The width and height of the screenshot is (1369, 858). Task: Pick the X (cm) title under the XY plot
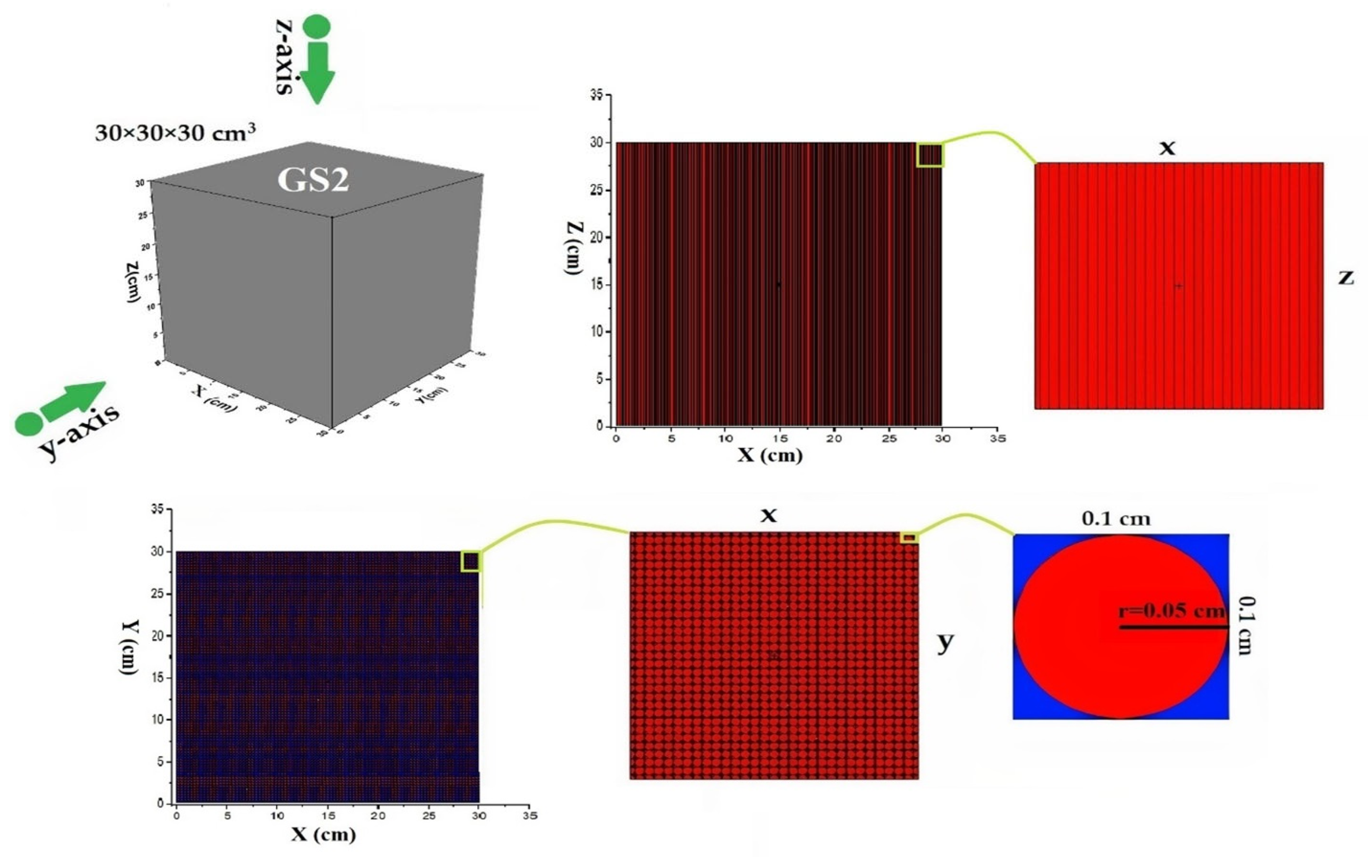[324, 834]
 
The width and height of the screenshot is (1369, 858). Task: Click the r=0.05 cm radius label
[1171, 611]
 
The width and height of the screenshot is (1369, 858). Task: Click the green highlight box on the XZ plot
[930, 155]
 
